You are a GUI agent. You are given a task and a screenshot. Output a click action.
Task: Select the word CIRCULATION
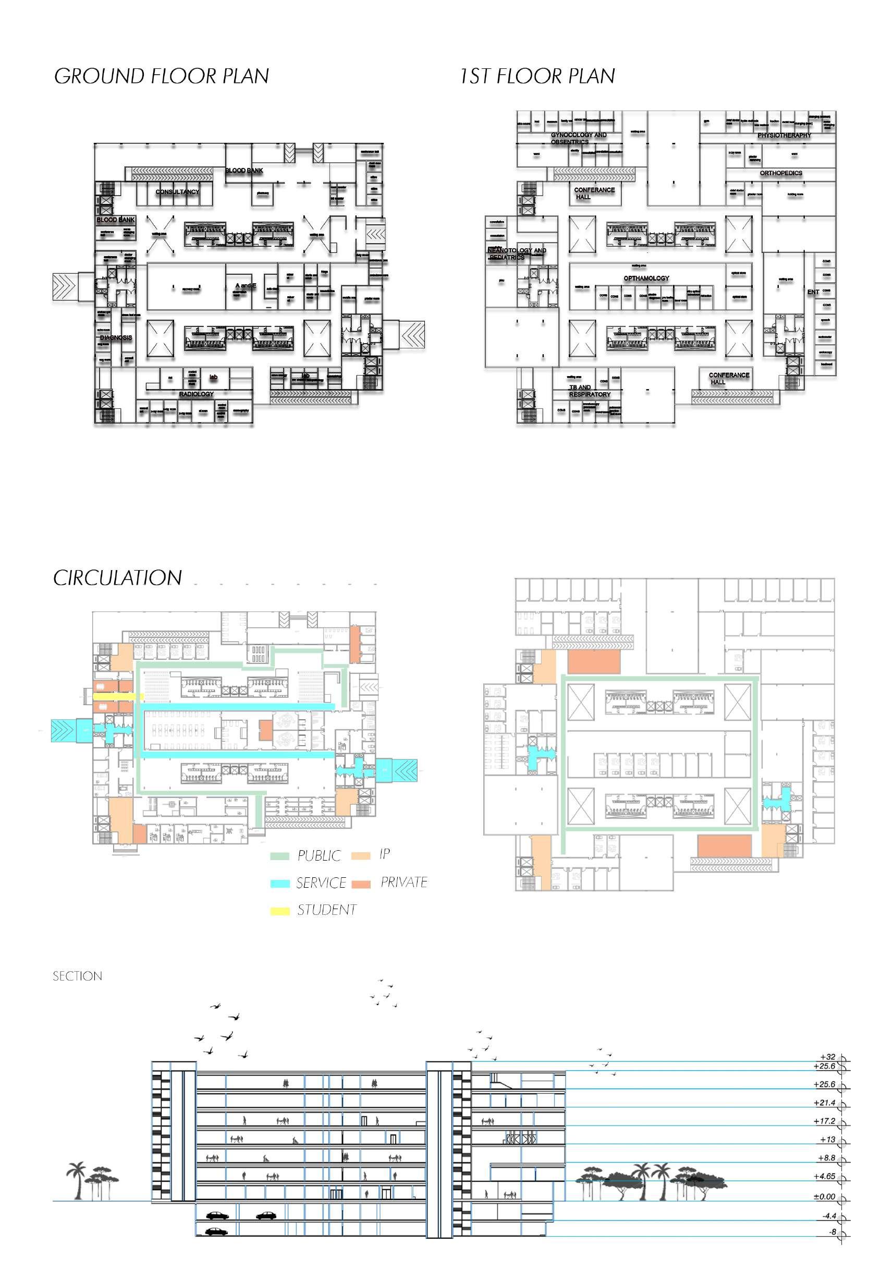pyautogui.click(x=118, y=578)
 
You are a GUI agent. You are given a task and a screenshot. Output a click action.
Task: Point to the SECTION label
pyautogui.click(x=78, y=976)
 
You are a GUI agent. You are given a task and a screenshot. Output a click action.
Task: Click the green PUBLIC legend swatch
pyautogui.click(x=279, y=856)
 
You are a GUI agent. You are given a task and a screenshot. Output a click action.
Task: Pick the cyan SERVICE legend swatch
pyautogui.click(x=279, y=883)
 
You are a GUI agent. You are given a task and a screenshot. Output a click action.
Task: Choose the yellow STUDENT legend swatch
pyautogui.click(x=279, y=911)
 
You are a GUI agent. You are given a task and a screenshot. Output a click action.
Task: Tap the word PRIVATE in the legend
pyautogui.click(x=404, y=882)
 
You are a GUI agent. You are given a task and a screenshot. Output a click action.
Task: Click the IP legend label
pyautogui.click(x=384, y=854)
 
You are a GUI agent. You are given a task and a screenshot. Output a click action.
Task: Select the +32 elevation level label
pyautogui.click(x=828, y=1057)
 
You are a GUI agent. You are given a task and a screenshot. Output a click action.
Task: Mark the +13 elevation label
pyautogui.click(x=828, y=1139)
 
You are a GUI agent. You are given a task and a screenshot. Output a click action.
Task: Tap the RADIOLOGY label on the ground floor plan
pyautogui.click(x=197, y=394)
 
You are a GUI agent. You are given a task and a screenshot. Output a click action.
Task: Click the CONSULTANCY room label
pyautogui.click(x=177, y=192)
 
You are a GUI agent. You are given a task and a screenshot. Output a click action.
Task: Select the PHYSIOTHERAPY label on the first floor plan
pyautogui.click(x=784, y=136)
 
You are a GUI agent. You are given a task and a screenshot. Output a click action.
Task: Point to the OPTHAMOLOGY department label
pyautogui.click(x=646, y=278)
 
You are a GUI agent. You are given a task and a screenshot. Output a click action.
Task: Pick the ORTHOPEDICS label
pyautogui.click(x=781, y=173)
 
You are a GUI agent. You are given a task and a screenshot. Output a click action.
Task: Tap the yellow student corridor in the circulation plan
pyautogui.click(x=118, y=696)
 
